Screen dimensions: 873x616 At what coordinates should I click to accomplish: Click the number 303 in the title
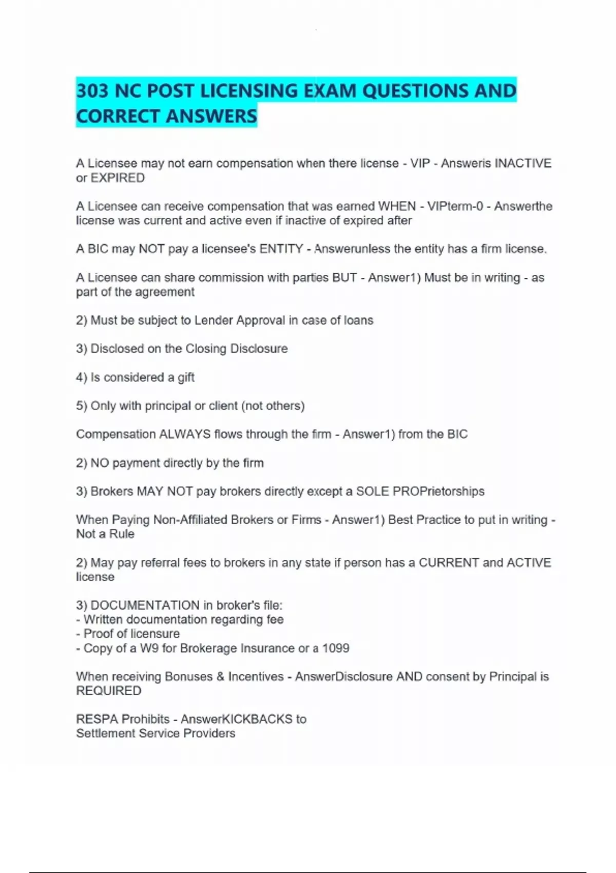coord(93,91)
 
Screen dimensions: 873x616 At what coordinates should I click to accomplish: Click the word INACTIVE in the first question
coord(523,163)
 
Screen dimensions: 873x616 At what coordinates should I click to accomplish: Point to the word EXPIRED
coord(118,178)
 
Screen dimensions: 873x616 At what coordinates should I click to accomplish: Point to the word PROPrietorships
coord(438,491)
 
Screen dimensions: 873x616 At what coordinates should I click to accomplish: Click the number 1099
coord(336,648)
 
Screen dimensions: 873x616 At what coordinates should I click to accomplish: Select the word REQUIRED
coord(109,691)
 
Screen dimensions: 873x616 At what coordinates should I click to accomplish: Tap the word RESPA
coord(97,719)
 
